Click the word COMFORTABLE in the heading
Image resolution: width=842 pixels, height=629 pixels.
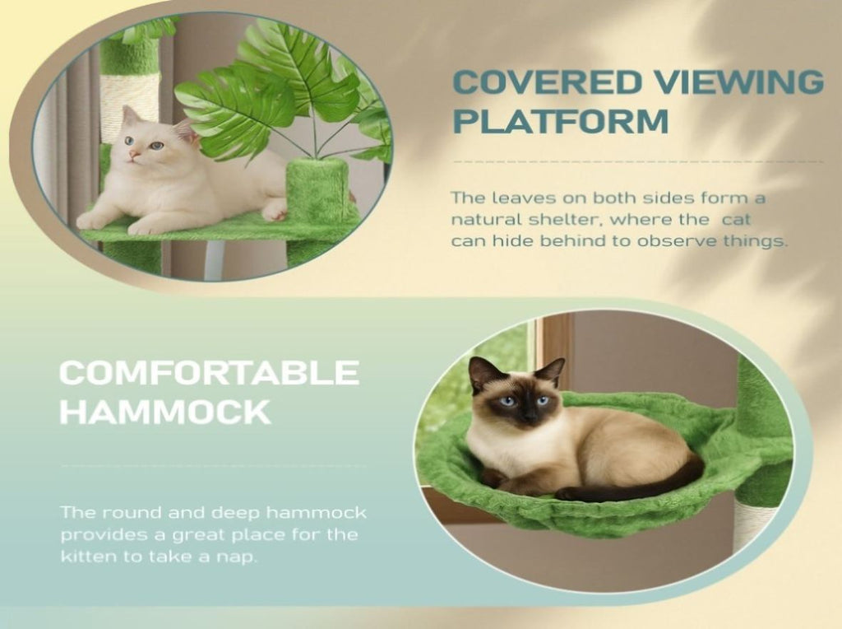coord(209,372)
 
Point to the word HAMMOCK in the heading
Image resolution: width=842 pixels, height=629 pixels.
coord(164,412)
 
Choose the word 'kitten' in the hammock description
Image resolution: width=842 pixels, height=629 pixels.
coord(88,557)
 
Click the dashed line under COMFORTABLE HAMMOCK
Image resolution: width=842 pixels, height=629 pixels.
coord(214,465)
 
